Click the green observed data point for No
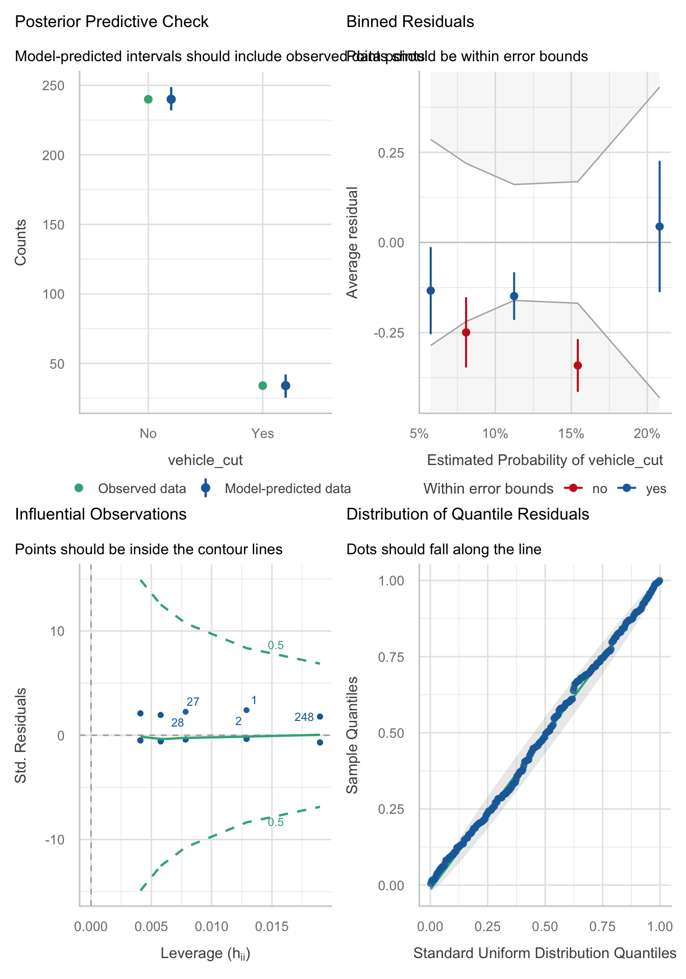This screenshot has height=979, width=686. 148,99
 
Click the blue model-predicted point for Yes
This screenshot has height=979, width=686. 285,385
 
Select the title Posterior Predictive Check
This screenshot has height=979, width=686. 112,22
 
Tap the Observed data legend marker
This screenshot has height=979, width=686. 79,488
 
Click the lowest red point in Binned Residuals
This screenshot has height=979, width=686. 578,365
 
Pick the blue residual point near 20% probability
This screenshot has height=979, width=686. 659,226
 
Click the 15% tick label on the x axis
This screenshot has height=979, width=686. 571,434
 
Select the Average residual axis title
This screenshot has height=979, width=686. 352,242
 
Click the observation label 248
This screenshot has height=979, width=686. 304,717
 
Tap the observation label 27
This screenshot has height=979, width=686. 193,702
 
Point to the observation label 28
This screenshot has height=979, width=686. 177,723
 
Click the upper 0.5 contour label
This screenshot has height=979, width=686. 276,646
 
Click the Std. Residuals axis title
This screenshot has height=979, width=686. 20,735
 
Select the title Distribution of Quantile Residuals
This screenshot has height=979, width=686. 468,514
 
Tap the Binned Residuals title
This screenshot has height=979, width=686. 410,22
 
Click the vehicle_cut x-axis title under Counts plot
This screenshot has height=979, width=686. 205,460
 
